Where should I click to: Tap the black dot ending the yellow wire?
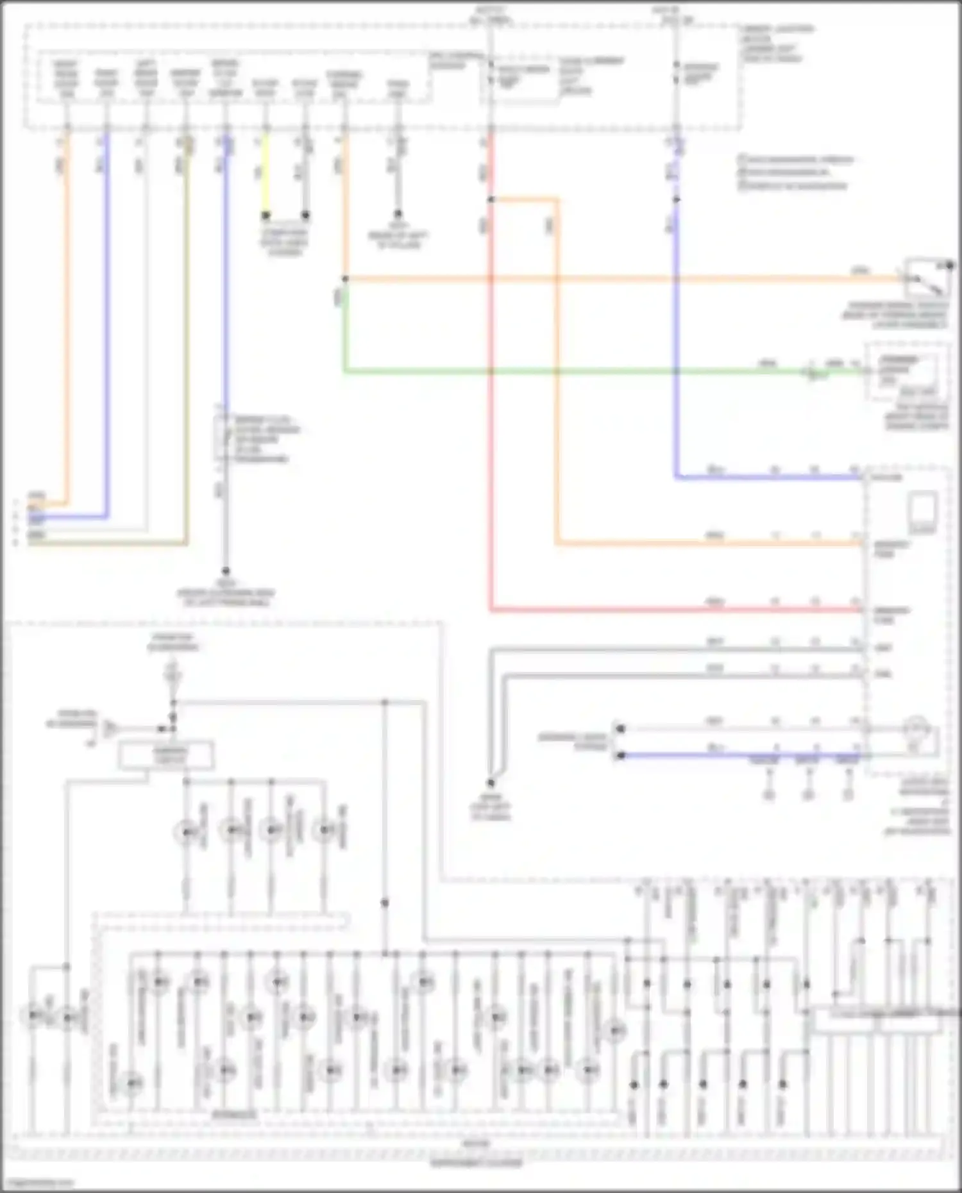266,215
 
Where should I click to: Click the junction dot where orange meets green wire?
345,279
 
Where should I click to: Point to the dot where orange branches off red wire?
491,199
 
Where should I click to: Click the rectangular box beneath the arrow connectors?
166,755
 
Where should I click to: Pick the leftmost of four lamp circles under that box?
186,831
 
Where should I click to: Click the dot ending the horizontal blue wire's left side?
620,755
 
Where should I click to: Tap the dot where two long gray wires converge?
491,783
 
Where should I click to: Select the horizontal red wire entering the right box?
673,610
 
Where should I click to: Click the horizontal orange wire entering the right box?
705,544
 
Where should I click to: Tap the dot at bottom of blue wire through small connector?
226,571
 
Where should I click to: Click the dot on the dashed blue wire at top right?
677,199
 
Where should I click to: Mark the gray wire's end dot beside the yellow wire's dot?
305,215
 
